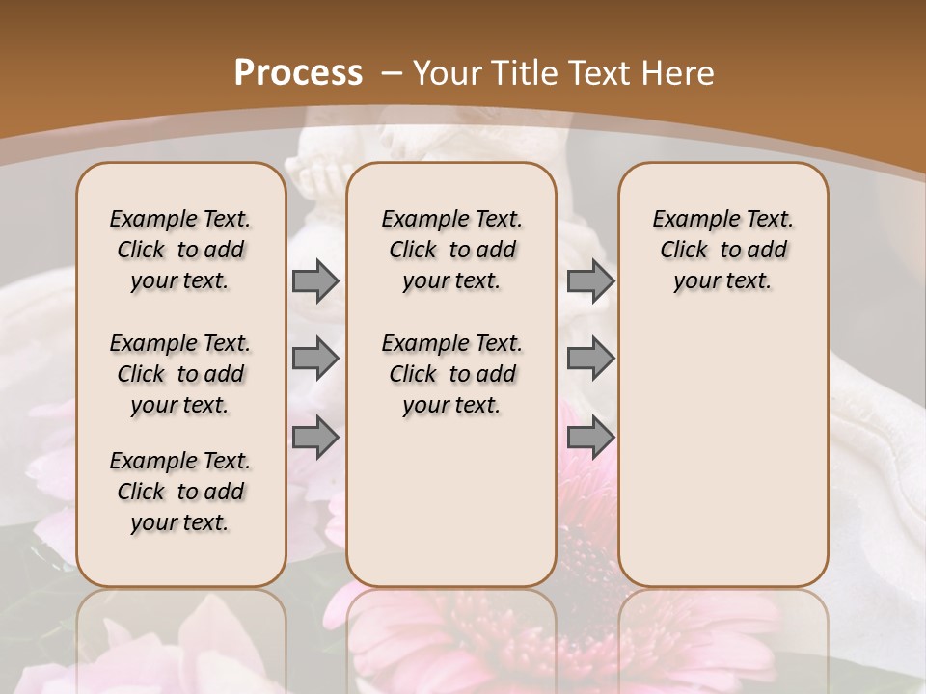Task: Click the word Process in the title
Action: [297, 73]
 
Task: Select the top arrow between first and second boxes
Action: [315, 280]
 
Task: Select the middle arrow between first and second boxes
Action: [315, 359]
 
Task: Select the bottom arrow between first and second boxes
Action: [315, 437]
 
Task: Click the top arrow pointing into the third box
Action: [590, 280]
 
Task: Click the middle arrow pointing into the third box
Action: [590, 359]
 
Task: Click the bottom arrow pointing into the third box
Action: [590, 437]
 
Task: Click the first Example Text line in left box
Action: [180, 219]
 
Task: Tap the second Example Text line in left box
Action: [180, 343]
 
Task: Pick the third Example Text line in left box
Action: [180, 461]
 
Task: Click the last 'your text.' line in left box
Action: [180, 522]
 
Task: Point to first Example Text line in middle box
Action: [451, 219]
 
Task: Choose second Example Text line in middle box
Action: [451, 343]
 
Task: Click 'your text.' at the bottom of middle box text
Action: [451, 405]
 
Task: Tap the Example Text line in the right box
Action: [722, 219]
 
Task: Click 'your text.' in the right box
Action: [722, 280]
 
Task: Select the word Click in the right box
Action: [684, 250]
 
